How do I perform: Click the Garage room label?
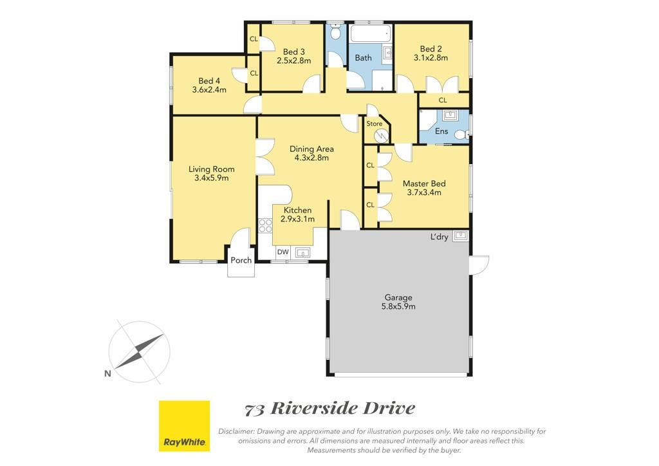(x=398, y=297)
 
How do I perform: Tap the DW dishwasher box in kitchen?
(x=283, y=252)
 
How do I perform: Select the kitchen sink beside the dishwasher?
(x=302, y=252)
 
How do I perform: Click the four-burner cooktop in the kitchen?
(x=265, y=226)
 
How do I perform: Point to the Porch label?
(x=241, y=260)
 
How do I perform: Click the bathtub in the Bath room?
(x=371, y=33)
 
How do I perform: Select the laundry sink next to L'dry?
(x=461, y=234)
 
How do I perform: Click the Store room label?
(x=374, y=124)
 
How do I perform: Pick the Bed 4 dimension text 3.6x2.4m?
(x=209, y=89)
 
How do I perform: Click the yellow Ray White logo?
(x=184, y=426)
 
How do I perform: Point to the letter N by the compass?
(x=107, y=373)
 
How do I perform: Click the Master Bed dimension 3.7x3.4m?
(x=424, y=192)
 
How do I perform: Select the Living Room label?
(x=211, y=169)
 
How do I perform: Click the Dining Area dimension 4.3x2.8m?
(x=311, y=158)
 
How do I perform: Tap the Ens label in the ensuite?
(x=441, y=131)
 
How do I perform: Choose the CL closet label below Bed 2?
(x=443, y=100)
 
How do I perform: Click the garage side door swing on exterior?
(x=479, y=265)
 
